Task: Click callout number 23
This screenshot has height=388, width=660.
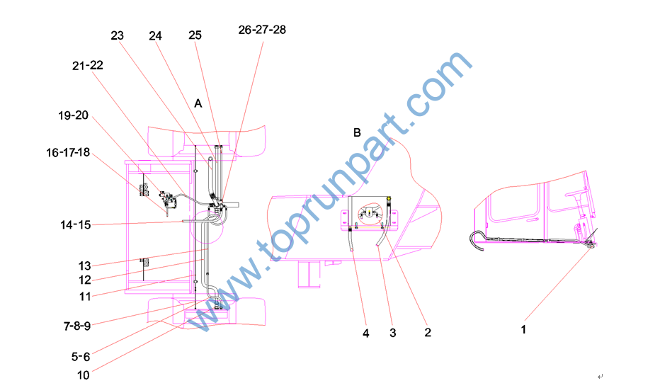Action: (x=118, y=36)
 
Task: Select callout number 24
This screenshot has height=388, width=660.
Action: (x=155, y=36)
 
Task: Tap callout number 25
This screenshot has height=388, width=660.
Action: (x=195, y=35)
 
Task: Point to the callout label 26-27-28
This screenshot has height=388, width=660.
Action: (x=262, y=30)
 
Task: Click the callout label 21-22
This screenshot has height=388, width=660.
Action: (x=88, y=66)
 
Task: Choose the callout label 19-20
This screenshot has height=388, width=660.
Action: (x=73, y=115)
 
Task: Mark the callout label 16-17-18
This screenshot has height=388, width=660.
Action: (x=68, y=153)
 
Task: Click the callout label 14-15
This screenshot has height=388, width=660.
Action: (x=76, y=225)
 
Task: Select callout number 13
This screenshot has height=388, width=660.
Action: (x=84, y=266)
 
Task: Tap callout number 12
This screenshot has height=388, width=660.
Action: (x=85, y=280)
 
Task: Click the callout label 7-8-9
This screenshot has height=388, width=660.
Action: (x=77, y=326)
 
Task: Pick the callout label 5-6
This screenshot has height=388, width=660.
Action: (x=81, y=357)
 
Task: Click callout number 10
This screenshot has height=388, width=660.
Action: (x=84, y=375)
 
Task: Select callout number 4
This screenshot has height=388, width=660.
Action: (x=366, y=333)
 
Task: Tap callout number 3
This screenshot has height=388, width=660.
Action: (x=393, y=333)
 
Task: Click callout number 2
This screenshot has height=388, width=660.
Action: (x=428, y=333)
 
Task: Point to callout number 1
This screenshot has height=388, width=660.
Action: (x=523, y=329)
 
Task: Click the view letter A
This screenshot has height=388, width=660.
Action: (x=198, y=103)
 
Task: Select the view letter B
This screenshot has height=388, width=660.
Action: (x=357, y=133)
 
